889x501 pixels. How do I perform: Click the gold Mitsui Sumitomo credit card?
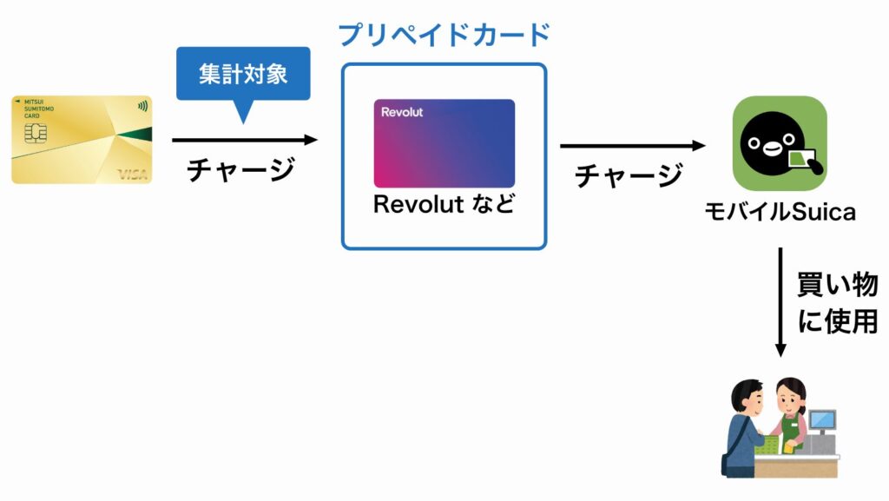(82, 139)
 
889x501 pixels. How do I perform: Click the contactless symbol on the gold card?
(142, 109)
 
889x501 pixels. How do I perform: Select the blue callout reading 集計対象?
(243, 75)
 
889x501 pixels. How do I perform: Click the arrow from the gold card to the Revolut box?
(245, 140)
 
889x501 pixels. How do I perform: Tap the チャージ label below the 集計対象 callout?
(241, 169)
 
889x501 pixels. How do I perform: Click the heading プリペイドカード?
(444, 35)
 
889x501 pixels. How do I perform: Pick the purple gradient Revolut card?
(444, 143)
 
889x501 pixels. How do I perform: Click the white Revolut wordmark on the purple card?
(402, 112)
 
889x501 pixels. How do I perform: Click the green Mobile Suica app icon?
(779, 143)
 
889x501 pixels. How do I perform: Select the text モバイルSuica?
(780, 211)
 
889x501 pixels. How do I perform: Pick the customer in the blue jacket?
(745, 425)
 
